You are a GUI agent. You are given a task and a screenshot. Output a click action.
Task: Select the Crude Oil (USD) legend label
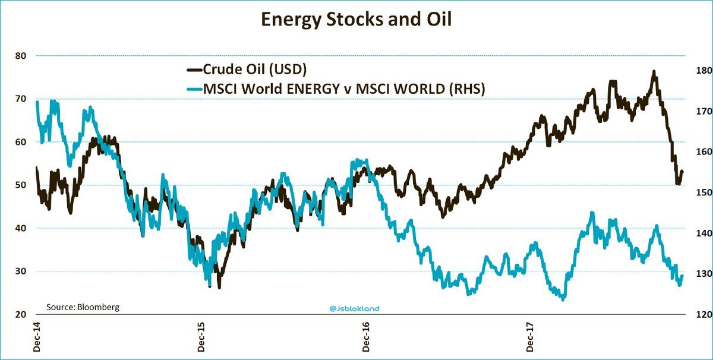click(254, 69)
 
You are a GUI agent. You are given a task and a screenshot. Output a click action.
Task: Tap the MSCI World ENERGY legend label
click(345, 89)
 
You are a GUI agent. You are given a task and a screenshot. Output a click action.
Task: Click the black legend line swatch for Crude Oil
click(194, 70)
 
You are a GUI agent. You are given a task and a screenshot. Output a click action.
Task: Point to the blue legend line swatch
click(194, 90)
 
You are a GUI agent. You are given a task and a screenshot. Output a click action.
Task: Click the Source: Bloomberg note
click(83, 307)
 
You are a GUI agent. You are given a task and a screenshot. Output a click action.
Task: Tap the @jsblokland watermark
click(354, 308)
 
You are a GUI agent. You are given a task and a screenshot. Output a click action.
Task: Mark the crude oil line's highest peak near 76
click(654, 72)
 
